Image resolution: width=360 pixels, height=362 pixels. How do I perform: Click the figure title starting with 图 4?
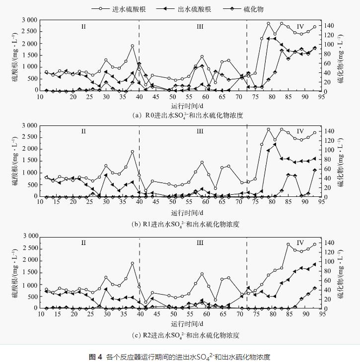(180, 357)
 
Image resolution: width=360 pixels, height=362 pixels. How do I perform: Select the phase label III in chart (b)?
(200, 131)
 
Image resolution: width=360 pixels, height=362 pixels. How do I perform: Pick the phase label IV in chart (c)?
(300, 243)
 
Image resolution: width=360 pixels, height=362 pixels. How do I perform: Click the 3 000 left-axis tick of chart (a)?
(28, 20)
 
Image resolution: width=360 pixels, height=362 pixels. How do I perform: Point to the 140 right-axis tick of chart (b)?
(332, 131)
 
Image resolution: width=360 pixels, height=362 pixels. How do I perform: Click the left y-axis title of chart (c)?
(16, 274)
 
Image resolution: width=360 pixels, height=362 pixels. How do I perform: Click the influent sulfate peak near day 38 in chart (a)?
(133, 46)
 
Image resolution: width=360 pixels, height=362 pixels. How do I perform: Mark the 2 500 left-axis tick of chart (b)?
(28, 137)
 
